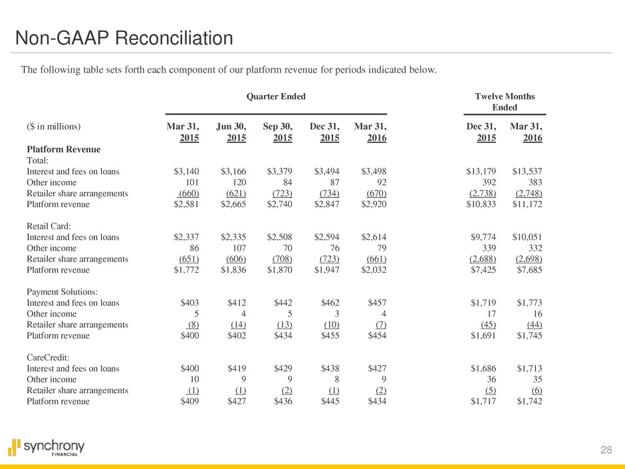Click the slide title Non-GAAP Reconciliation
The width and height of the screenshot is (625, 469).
tap(124, 39)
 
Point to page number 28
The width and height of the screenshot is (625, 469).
tap(605, 450)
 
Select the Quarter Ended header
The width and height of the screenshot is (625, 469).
tap(276, 96)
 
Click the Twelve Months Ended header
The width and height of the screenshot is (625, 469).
tap(505, 102)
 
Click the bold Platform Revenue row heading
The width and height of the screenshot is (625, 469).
tap(63, 149)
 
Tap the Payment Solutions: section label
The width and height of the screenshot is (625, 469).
tap(65, 291)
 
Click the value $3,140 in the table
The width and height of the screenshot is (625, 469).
tap(186, 171)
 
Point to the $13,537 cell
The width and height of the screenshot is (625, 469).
tap(527, 171)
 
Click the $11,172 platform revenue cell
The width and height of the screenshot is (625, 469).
tap(527, 205)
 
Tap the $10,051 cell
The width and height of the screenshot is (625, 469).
tap(527, 238)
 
